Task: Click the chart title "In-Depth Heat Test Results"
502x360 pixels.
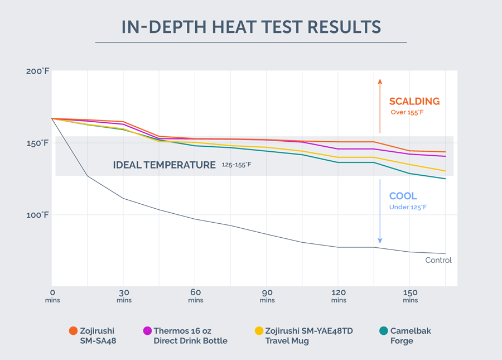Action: point(251,27)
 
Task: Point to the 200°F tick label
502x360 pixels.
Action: point(37,71)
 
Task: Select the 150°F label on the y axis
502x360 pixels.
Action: point(37,143)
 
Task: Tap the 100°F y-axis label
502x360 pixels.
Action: point(37,215)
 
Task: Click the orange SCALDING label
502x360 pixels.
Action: point(414,102)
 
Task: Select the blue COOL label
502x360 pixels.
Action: point(403,196)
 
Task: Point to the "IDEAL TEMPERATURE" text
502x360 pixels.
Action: point(164,165)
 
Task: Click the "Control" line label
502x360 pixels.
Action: point(438,260)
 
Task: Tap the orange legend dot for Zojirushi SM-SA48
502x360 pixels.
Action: point(73,331)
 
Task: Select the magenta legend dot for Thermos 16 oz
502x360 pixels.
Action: point(147,331)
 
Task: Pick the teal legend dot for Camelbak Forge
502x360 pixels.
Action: point(383,331)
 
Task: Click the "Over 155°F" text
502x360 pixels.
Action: point(409,113)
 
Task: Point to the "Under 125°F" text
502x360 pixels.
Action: point(408,208)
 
